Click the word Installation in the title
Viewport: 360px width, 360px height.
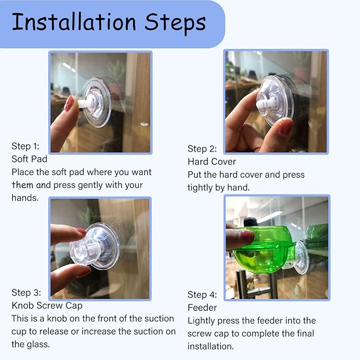coord(74,22)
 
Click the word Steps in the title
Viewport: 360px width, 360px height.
coord(175,23)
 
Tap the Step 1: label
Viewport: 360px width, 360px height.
coord(25,146)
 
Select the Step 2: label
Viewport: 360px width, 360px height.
coord(202,149)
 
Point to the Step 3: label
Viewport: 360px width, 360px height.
coord(26,293)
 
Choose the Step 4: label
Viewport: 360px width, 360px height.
coord(202,295)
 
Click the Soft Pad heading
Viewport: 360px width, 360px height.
coord(29,159)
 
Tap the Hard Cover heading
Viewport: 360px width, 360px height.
coord(212,162)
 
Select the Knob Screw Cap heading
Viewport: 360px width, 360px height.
coord(47,305)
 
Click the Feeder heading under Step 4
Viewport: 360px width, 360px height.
coord(202,308)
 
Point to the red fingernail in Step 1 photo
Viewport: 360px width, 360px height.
coord(69,103)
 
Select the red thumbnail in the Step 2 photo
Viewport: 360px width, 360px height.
coord(285,126)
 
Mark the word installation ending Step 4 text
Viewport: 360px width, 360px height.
coord(210,346)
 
